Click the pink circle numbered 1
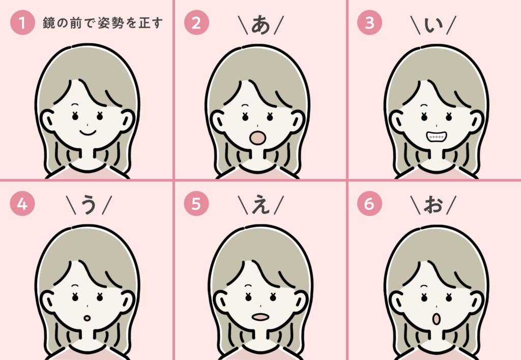tap(22, 22)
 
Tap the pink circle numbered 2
tap(196, 22)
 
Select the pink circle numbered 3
tap(369, 22)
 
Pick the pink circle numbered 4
tap(22, 204)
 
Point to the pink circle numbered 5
tap(196, 204)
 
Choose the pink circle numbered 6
tap(369, 204)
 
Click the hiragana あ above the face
tap(260, 25)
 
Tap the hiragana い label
tap(433, 25)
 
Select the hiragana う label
tap(89, 205)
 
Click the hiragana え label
tap(260, 205)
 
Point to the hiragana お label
tap(433, 205)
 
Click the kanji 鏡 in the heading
tap(48, 23)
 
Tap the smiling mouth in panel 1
tap(88, 132)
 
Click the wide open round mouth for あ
tap(257, 137)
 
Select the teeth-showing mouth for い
tap(436, 136)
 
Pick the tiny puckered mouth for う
tap(87, 318)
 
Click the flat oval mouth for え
tap(260, 317)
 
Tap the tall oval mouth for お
tap(436, 319)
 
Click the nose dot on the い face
tap(436, 125)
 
